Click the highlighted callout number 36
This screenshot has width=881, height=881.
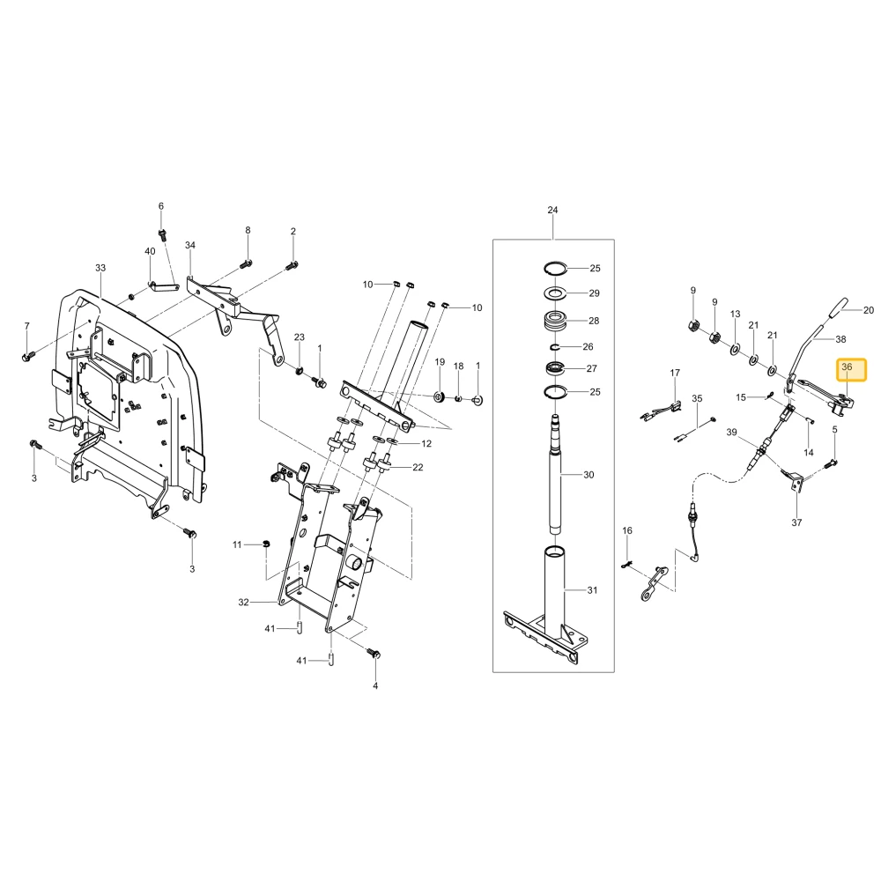(x=846, y=366)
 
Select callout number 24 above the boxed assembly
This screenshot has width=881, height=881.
(x=553, y=211)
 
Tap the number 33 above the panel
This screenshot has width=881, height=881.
(x=100, y=268)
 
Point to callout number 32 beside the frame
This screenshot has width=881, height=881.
(x=243, y=603)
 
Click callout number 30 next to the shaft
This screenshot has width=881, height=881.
(x=589, y=475)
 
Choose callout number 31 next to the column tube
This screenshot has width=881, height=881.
(x=592, y=590)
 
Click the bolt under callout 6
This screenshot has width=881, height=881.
(x=162, y=233)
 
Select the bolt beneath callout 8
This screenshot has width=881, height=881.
(x=246, y=263)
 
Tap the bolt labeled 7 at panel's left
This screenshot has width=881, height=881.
(x=27, y=356)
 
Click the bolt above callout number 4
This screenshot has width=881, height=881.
(x=373, y=654)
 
